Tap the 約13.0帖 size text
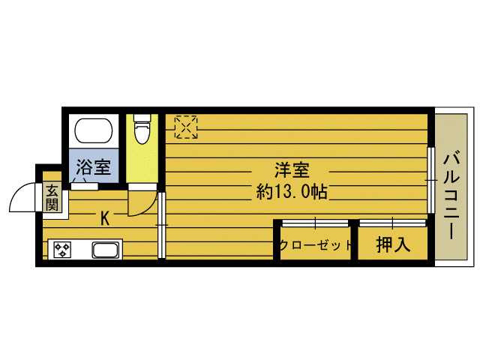(292, 192)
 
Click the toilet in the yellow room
(142, 128)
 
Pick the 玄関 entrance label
(51, 196)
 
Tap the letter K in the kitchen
(105, 218)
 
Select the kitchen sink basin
(105, 250)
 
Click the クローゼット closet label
(316, 245)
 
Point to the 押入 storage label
(392, 244)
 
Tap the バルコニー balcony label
(451, 195)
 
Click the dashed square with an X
(185, 127)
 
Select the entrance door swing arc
(21, 199)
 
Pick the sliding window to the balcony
(430, 181)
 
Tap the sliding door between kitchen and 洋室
(161, 225)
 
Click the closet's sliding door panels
(315, 223)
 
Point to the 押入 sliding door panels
(392, 223)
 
